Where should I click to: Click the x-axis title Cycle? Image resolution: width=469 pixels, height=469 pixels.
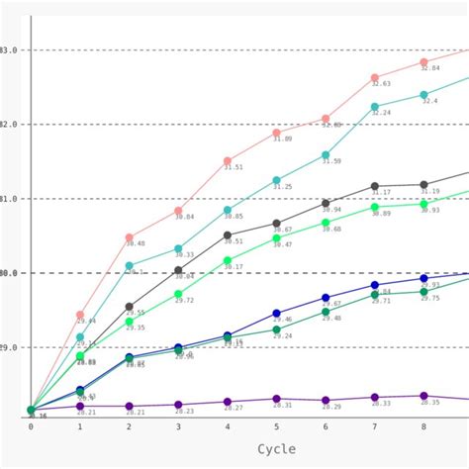[276, 448]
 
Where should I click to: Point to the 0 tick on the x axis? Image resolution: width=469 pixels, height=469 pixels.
[31, 426]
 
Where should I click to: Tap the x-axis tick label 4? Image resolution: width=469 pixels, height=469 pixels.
[228, 426]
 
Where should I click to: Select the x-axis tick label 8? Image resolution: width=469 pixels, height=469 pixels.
[423, 426]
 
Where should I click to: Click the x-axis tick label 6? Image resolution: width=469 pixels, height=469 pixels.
[326, 426]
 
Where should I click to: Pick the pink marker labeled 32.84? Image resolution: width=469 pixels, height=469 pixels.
[423, 61]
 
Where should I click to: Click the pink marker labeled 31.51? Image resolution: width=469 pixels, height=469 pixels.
[228, 160]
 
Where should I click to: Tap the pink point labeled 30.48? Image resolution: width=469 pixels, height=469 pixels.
[129, 237]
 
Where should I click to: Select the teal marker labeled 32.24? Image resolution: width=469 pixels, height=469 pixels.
[375, 106]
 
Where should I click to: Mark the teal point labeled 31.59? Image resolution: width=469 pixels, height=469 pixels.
[326, 154]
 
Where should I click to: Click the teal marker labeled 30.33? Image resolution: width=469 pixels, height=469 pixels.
[178, 248]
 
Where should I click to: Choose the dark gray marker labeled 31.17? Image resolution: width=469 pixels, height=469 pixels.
[375, 186]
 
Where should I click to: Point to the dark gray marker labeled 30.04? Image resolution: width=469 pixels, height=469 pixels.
[178, 270]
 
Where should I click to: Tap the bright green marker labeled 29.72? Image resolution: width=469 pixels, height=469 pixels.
[178, 294]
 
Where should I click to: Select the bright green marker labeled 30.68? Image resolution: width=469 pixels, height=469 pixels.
[326, 223]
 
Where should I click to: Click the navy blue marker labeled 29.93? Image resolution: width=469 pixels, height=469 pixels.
[423, 278]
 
